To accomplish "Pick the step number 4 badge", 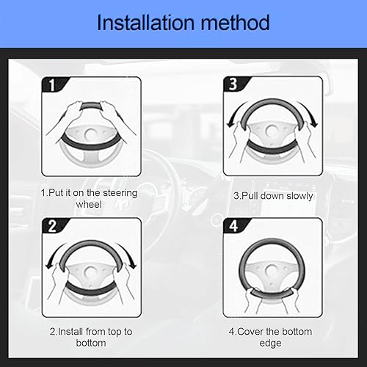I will tap(233, 226).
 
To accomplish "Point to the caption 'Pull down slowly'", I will tap(273, 196).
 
